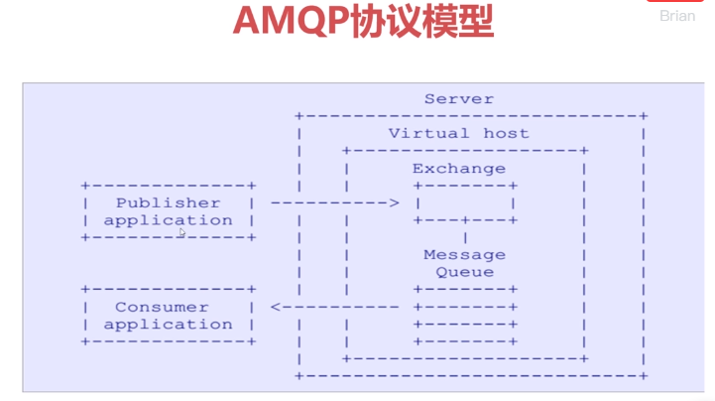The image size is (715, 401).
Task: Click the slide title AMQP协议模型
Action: tap(362, 21)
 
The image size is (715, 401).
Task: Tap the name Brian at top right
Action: tap(677, 16)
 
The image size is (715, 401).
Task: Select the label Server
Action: tap(459, 98)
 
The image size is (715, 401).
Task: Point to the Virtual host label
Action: tap(458, 133)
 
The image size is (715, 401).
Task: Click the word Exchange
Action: tap(458, 168)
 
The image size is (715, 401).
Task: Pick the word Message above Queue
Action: tap(459, 255)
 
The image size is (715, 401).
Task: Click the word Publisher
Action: tap(168, 202)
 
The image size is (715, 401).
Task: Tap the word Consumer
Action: tap(162, 307)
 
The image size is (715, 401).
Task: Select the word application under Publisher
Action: tap(168, 220)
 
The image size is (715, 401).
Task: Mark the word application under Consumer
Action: tap(168, 325)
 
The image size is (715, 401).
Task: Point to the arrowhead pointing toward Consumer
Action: tap(276, 307)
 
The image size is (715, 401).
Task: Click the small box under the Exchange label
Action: tap(465, 202)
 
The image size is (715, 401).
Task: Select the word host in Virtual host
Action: tap(506, 133)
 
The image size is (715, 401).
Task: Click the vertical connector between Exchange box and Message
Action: tap(465, 237)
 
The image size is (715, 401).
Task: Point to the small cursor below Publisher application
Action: tap(182, 233)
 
